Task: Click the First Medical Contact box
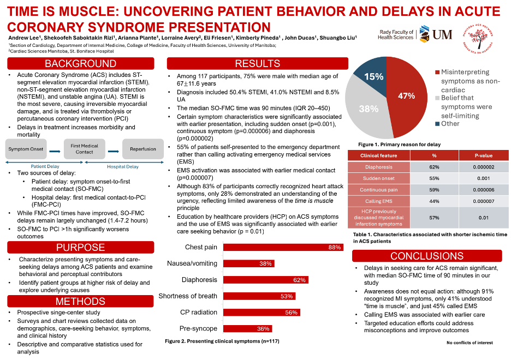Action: pos(85,148)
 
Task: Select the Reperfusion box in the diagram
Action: pos(142,148)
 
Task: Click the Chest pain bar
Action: pos(283,247)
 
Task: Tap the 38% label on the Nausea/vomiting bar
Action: pos(266,264)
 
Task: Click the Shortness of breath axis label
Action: pos(188,296)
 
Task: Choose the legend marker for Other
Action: pos(437,123)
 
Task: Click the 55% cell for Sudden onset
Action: pos(435,178)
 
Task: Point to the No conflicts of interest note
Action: pos(470,343)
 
